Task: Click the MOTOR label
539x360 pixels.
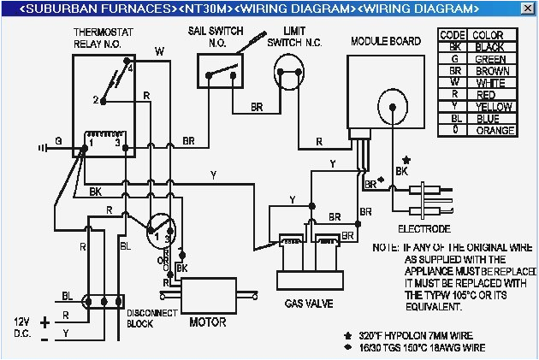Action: click(x=206, y=322)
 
